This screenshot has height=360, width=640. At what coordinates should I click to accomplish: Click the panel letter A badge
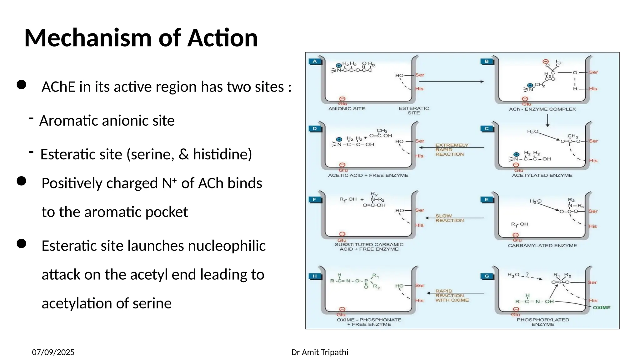pyautogui.click(x=315, y=62)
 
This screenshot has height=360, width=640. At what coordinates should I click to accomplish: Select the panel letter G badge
pyautogui.click(x=487, y=276)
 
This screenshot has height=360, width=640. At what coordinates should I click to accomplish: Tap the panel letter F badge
pyautogui.click(x=314, y=200)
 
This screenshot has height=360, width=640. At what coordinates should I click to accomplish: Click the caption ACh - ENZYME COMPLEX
pyautogui.click(x=542, y=109)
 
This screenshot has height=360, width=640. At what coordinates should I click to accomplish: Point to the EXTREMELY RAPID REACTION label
pyautogui.click(x=452, y=150)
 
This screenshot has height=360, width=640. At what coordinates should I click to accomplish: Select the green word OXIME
pyautogui.click(x=602, y=307)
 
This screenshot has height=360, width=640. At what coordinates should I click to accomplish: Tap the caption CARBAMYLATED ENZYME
pyautogui.click(x=542, y=246)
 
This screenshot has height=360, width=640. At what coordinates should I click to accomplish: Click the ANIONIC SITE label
pyautogui.click(x=347, y=108)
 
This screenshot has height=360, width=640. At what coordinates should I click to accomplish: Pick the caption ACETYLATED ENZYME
pyautogui.click(x=542, y=175)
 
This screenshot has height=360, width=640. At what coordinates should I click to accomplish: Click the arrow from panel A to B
pyautogui.click(x=451, y=82)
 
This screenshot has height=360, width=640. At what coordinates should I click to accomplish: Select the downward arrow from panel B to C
pyautogui.click(x=547, y=121)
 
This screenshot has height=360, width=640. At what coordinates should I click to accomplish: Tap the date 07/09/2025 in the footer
pyautogui.click(x=53, y=352)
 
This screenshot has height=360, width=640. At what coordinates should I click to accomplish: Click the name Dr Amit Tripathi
pyautogui.click(x=320, y=352)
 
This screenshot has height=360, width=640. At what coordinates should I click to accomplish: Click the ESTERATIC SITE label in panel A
pyautogui.click(x=414, y=111)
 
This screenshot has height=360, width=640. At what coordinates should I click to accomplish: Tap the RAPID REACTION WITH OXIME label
pyautogui.click(x=452, y=296)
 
